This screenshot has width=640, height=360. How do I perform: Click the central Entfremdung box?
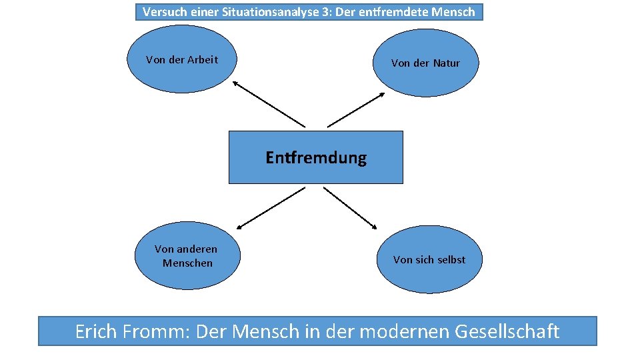[x=316, y=157]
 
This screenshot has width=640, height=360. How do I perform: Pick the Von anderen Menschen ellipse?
[x=187, y=256]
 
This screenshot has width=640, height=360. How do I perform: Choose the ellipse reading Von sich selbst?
[x=429, y=259]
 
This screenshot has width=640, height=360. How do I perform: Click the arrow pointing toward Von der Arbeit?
[x=268, y=104]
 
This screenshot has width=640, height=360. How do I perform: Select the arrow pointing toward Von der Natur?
[x=356, y=109]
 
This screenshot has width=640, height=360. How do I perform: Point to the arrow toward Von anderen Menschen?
[x=270, y=207]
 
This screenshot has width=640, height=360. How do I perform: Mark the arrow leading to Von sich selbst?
[x=351, y=207]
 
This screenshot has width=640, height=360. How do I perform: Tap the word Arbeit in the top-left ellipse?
[x=203, y=59]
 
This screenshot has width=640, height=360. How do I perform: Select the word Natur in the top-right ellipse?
[x=446, y=63]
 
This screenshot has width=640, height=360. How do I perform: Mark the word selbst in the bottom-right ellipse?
[x=450, y=259]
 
